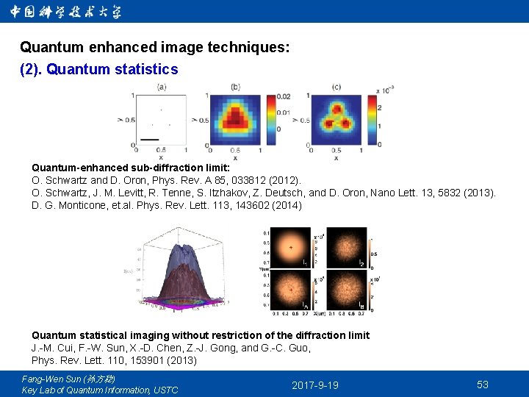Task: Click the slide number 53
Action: [x=483, y=385]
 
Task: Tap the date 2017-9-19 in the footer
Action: [x=315, y=385]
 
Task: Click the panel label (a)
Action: [x=162, y=87]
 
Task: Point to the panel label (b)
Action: [x=235, y=87]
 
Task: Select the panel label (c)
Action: [x=337, y=87]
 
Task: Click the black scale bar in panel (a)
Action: [x=149, y=138]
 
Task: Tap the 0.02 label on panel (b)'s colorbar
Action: [x=284, y=96]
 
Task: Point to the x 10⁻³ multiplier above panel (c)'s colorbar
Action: [x=385, y=90]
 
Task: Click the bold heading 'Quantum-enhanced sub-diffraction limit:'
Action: [x=131, y=168]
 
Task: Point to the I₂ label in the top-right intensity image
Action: [x=361, y=262]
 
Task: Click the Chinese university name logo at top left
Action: [x=66, y=12]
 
